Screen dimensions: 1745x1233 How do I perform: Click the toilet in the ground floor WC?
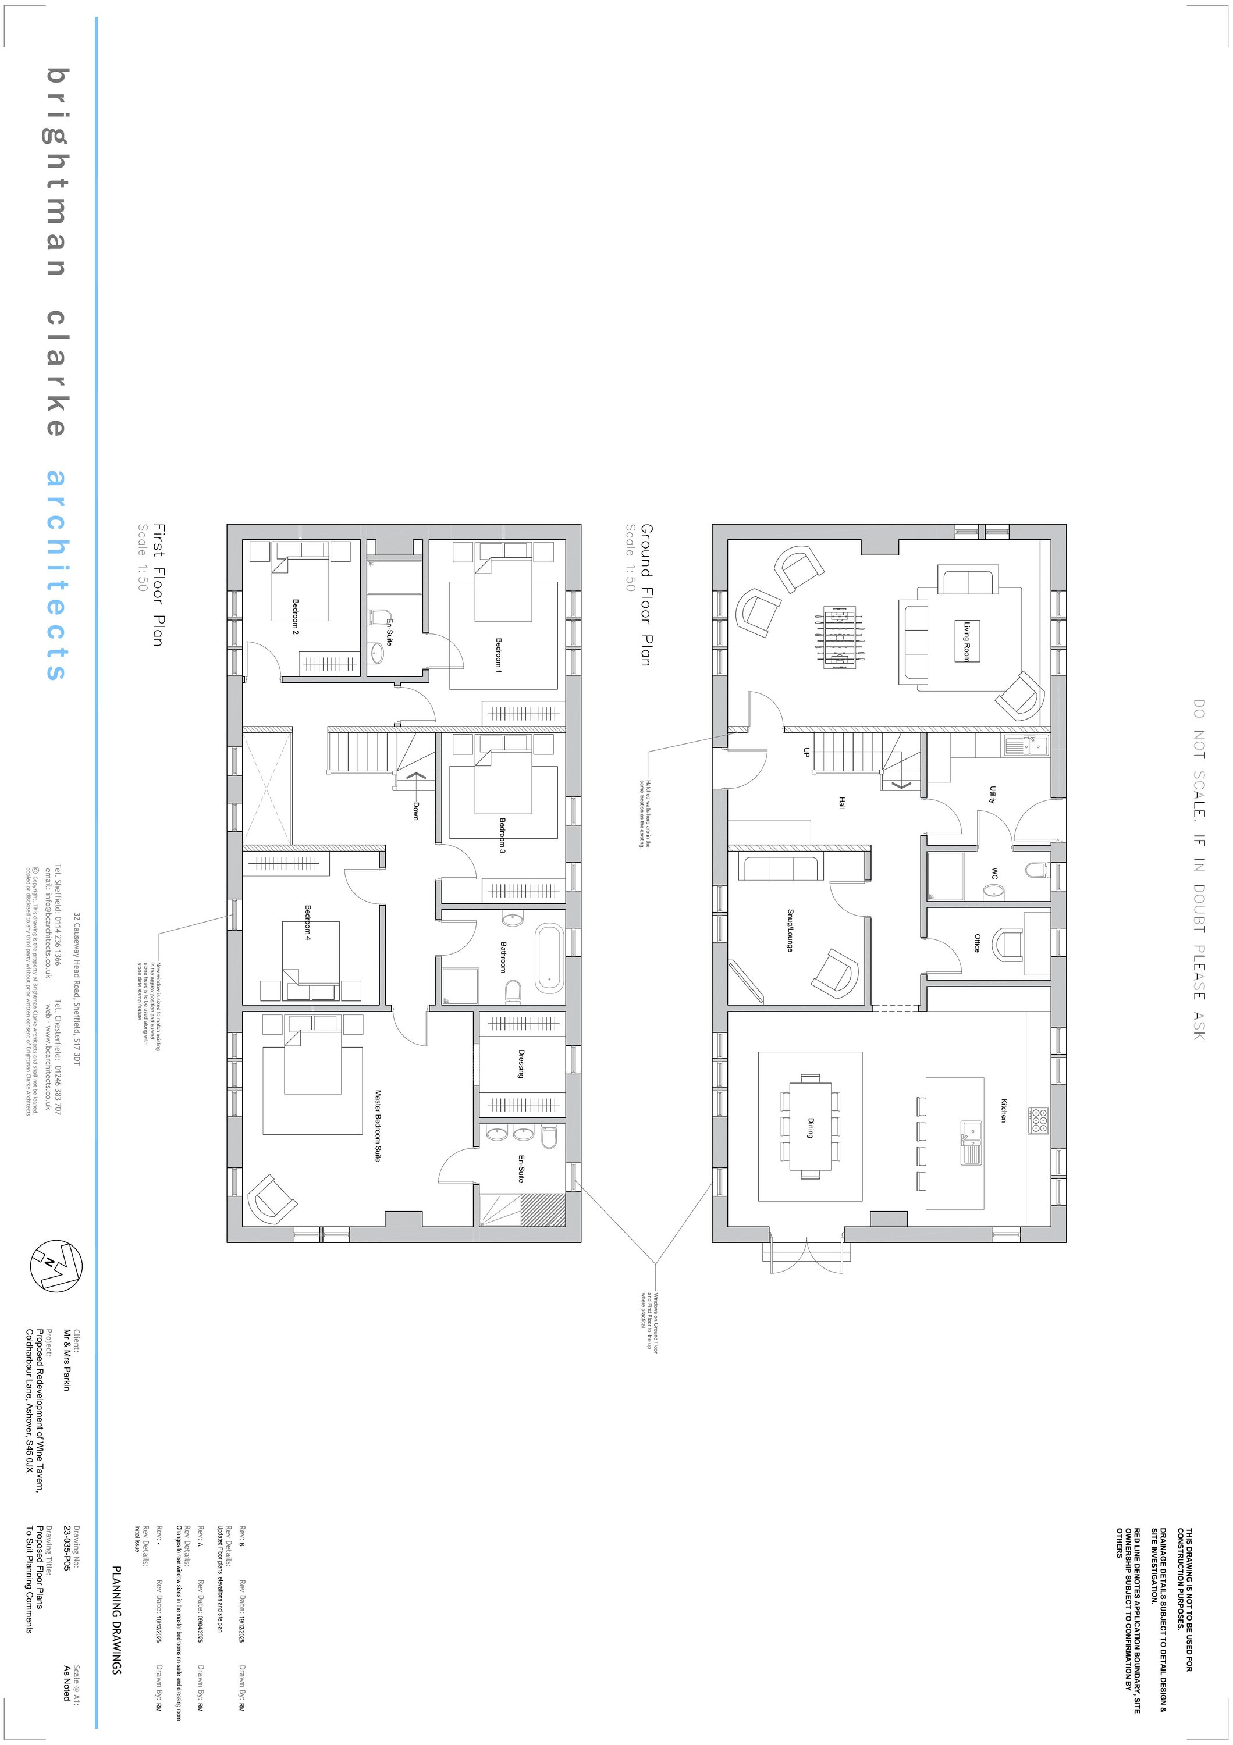pos(1035,870)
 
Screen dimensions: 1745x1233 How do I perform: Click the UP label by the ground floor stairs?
pos(806,753)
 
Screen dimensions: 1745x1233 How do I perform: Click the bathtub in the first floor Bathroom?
pos(549,959)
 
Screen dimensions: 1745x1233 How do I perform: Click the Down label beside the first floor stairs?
pos(415,810)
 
